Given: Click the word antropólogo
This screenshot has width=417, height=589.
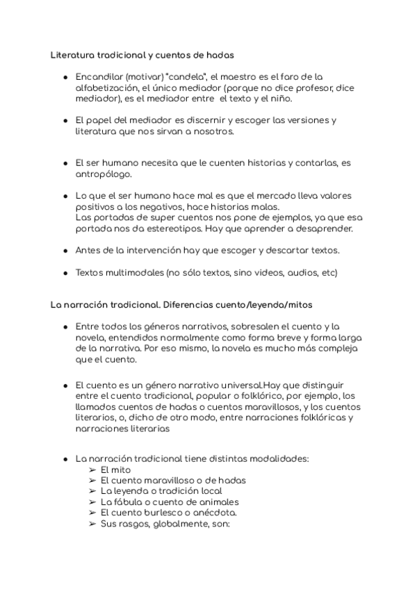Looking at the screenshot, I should click(x=103, y=174).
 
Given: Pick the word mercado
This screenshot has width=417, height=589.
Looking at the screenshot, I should click(x=261, y=197).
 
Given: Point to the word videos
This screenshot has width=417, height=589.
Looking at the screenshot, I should click(x=251, y=272).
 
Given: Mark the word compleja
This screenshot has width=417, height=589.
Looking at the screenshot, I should click(x=331, y=349).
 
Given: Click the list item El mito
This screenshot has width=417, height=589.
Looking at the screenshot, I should click(x=115, y=470).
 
